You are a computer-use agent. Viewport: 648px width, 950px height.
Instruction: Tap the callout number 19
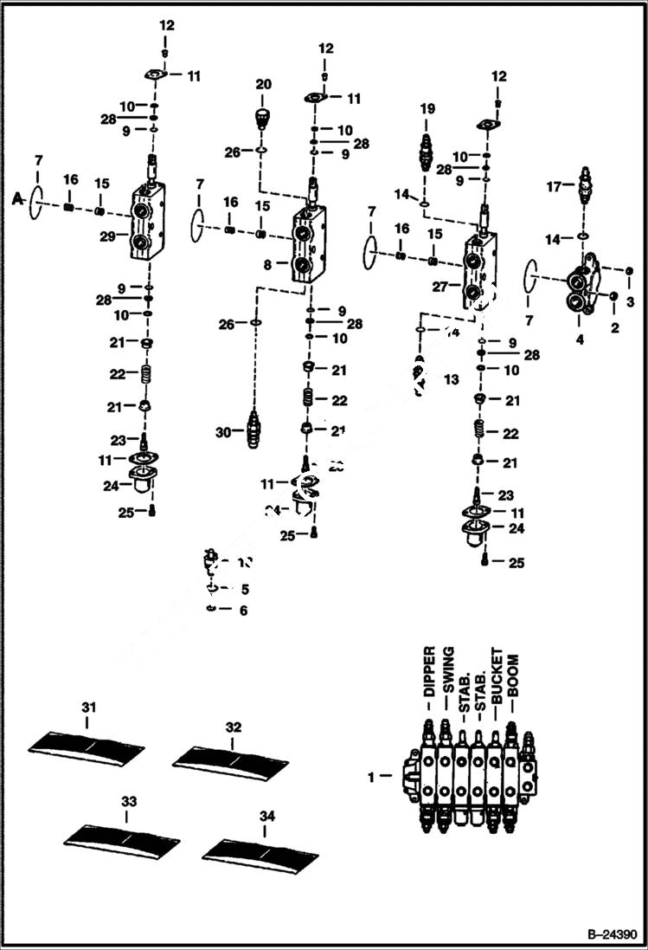tap(427, 109)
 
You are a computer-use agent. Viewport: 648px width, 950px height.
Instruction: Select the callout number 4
tap(580, 339)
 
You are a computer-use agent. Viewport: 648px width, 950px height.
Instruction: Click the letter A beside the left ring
tap(16, 198)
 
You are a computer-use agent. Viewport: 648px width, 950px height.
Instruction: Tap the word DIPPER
tap(429, 672)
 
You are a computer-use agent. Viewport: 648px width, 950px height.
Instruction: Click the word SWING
tap(448, 669)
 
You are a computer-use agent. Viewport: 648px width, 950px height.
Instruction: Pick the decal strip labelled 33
tap(123, 833)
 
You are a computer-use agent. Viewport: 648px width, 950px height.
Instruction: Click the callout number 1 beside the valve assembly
tap(372, 778)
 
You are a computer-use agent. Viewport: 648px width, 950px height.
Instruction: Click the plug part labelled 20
tap(264, 116)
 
